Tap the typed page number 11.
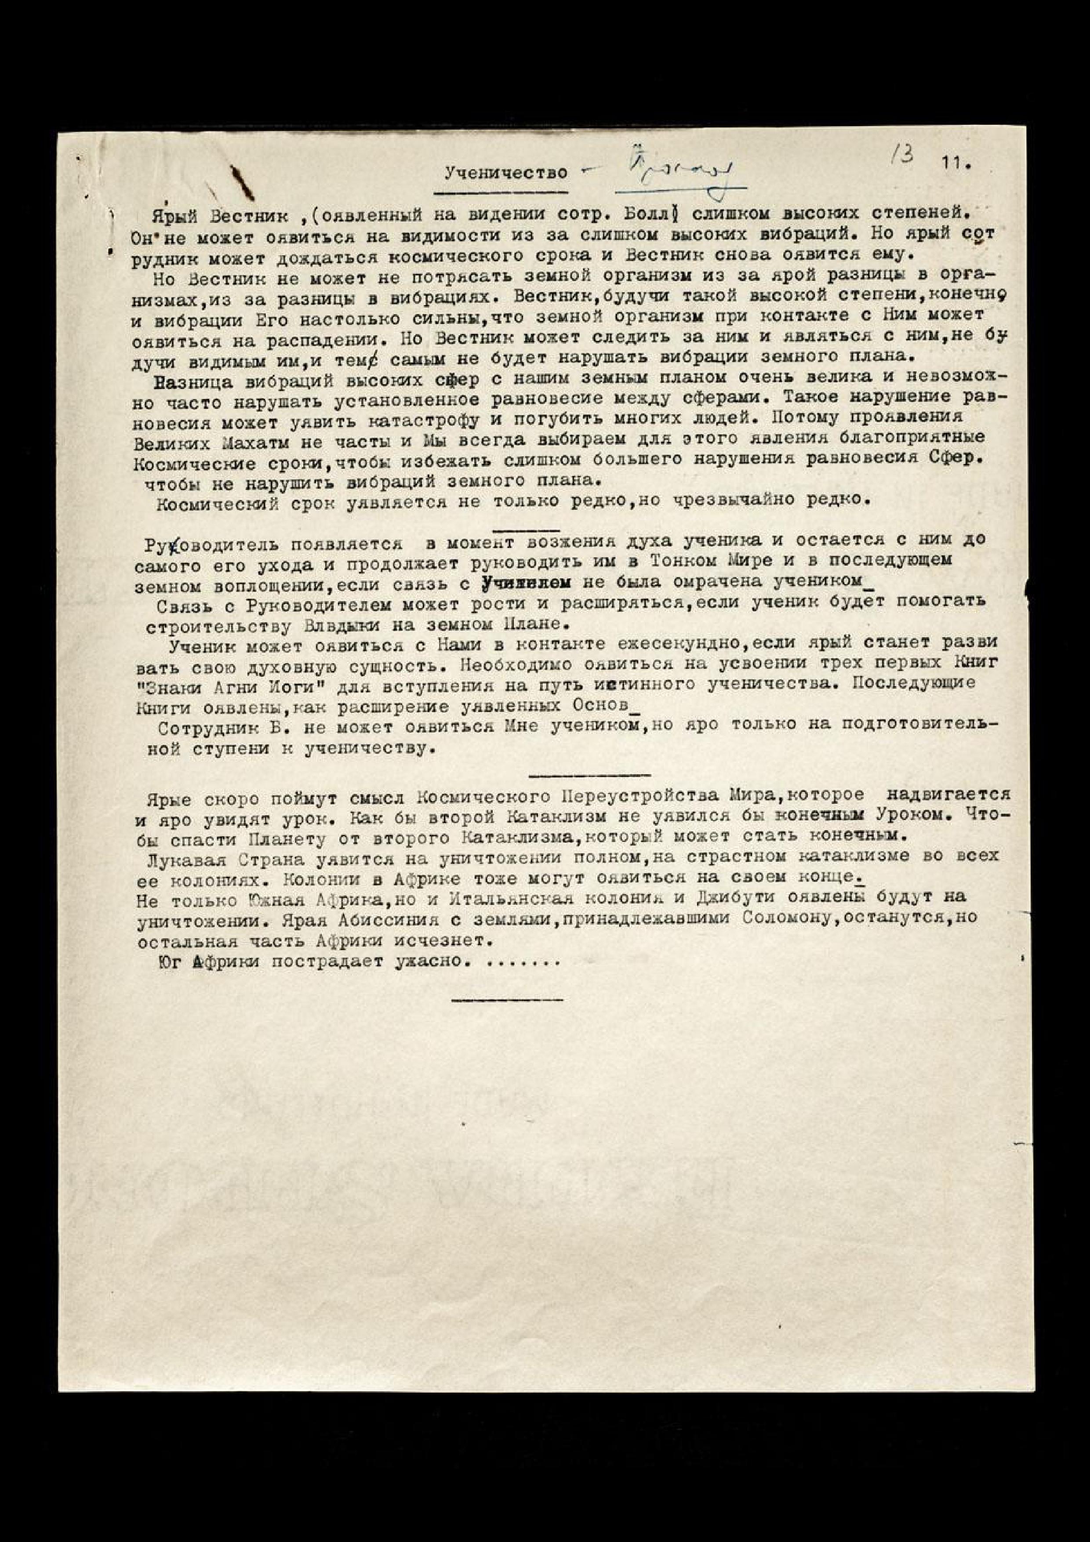(x=957, y=163)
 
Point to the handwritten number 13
(x=903, y=156)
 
